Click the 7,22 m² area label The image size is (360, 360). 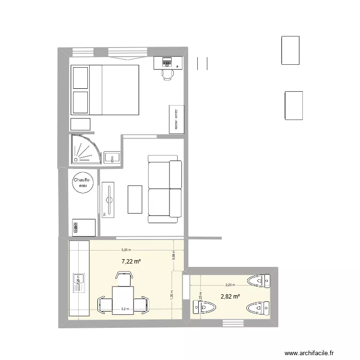tap(131, 261)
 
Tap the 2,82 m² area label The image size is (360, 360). tap(230, 296)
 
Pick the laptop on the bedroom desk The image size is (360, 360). tap(167, 61)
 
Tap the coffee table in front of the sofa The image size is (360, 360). tap(135, 199)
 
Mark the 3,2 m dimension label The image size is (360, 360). tap(125, 309)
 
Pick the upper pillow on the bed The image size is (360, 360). tap(80, 77)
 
